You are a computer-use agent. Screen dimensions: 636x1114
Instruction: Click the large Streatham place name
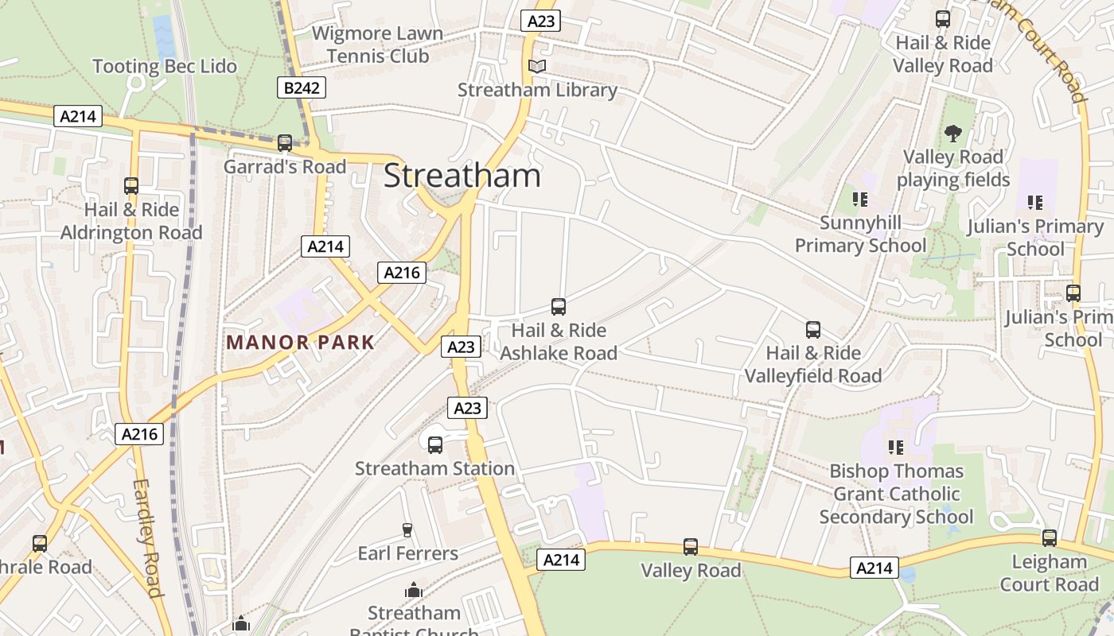coord(462,176)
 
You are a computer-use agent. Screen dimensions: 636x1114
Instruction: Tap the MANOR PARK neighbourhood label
coord(300,343)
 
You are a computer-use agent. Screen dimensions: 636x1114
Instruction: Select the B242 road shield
coord(302,87)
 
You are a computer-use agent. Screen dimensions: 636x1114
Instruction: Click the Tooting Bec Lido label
coord(165,67)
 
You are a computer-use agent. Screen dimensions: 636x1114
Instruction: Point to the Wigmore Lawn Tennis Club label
coord(377,45)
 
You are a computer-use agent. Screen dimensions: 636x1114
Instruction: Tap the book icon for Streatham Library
coord(537,66)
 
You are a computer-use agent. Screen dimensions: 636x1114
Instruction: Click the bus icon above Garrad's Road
coord(284,143)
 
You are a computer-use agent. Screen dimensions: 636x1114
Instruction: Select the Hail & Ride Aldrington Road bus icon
coord(131,186)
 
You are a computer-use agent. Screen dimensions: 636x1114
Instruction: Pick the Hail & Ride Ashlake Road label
coord(559,342)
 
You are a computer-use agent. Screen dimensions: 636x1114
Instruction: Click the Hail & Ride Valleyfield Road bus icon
coord(812,330)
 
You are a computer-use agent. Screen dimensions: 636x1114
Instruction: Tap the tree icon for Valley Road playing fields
coord(952,133)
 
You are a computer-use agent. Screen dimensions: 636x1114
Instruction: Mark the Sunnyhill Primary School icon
coord(859,199)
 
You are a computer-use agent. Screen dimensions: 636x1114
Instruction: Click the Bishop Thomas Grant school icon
coord(896,448)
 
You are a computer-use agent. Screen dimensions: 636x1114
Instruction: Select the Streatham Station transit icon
coord(434,445)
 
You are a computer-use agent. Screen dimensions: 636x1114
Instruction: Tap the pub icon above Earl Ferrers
coord(407,530)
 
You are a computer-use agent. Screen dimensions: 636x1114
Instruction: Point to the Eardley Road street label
coord(148,537)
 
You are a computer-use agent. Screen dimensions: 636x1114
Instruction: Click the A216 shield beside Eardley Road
coord(141,434)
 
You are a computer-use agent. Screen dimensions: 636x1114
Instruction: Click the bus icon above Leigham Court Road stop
coord(1049,538)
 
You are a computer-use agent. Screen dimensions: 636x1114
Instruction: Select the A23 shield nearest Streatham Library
coord(541,21)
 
